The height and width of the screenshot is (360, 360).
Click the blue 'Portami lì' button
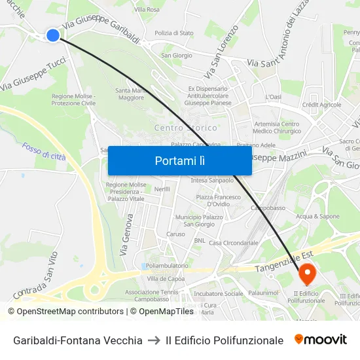[x=179, y=160]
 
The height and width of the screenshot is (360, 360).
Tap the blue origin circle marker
[x=53, y=35]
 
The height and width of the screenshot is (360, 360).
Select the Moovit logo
[x=321, y=340]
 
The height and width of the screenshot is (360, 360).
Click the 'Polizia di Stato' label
[x=173, y=33]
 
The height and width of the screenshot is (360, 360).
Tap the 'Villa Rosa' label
[x=147, y=10]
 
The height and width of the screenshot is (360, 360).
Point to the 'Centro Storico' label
[x=185, y=128]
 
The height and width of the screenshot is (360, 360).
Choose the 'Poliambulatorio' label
[x=167, y=266]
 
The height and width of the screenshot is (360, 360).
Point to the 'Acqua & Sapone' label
[x=317, y=216]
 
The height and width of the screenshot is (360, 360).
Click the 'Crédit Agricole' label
[x=321, y=105]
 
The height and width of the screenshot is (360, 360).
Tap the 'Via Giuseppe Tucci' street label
[x=33, y=73]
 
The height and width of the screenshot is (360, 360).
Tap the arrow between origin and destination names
[x=154, y=340]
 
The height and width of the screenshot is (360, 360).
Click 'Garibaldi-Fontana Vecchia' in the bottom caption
[x=78, y=340]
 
